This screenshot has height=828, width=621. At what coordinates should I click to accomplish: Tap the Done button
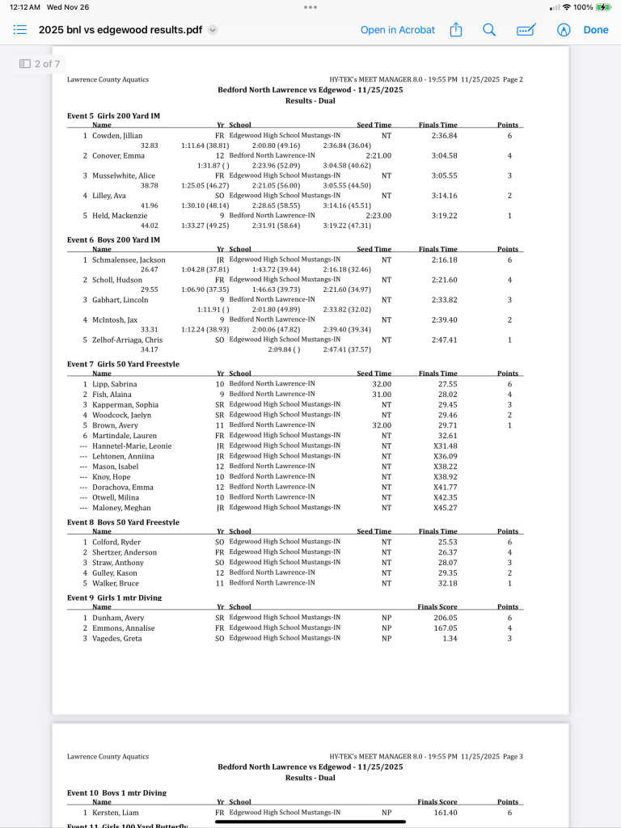pyautogui.click(x=596, y=30)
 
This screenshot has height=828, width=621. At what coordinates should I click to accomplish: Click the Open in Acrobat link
pyautogui.click(x=397, y=30)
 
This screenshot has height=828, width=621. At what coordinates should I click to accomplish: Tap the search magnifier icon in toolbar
pyautogui.click(x=489, y=30)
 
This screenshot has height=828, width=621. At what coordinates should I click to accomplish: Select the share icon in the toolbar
pyautogui.click(x=456, y=30)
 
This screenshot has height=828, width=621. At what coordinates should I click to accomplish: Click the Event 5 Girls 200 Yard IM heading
pyautogui.click(x=113, y=116)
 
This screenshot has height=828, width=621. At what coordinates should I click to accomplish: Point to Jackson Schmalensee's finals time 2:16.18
pyautogui.click(x=445, y=260)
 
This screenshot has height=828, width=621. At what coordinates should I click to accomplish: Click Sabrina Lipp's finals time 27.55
pyautogui.click(x=447, y=384)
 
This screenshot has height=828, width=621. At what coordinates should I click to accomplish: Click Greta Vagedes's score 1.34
pyautogui.click(x=450, y=638)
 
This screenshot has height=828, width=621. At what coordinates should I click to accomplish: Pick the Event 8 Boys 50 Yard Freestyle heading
pyautogui.click(x=123, y=522)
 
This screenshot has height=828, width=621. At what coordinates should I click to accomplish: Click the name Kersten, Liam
pyautogui.click(x=115, y=813)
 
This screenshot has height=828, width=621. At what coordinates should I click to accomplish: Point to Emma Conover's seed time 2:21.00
pyautogui.click(x=378, y=155)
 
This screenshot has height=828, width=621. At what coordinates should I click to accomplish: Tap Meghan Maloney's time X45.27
pyautogui.click(x=446, y=508)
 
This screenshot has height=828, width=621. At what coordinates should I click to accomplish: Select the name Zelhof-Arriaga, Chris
pyautogui.click(x=127, y=340)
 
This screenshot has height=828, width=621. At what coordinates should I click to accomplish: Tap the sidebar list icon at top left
pyautogui.click(x=21, y=30)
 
